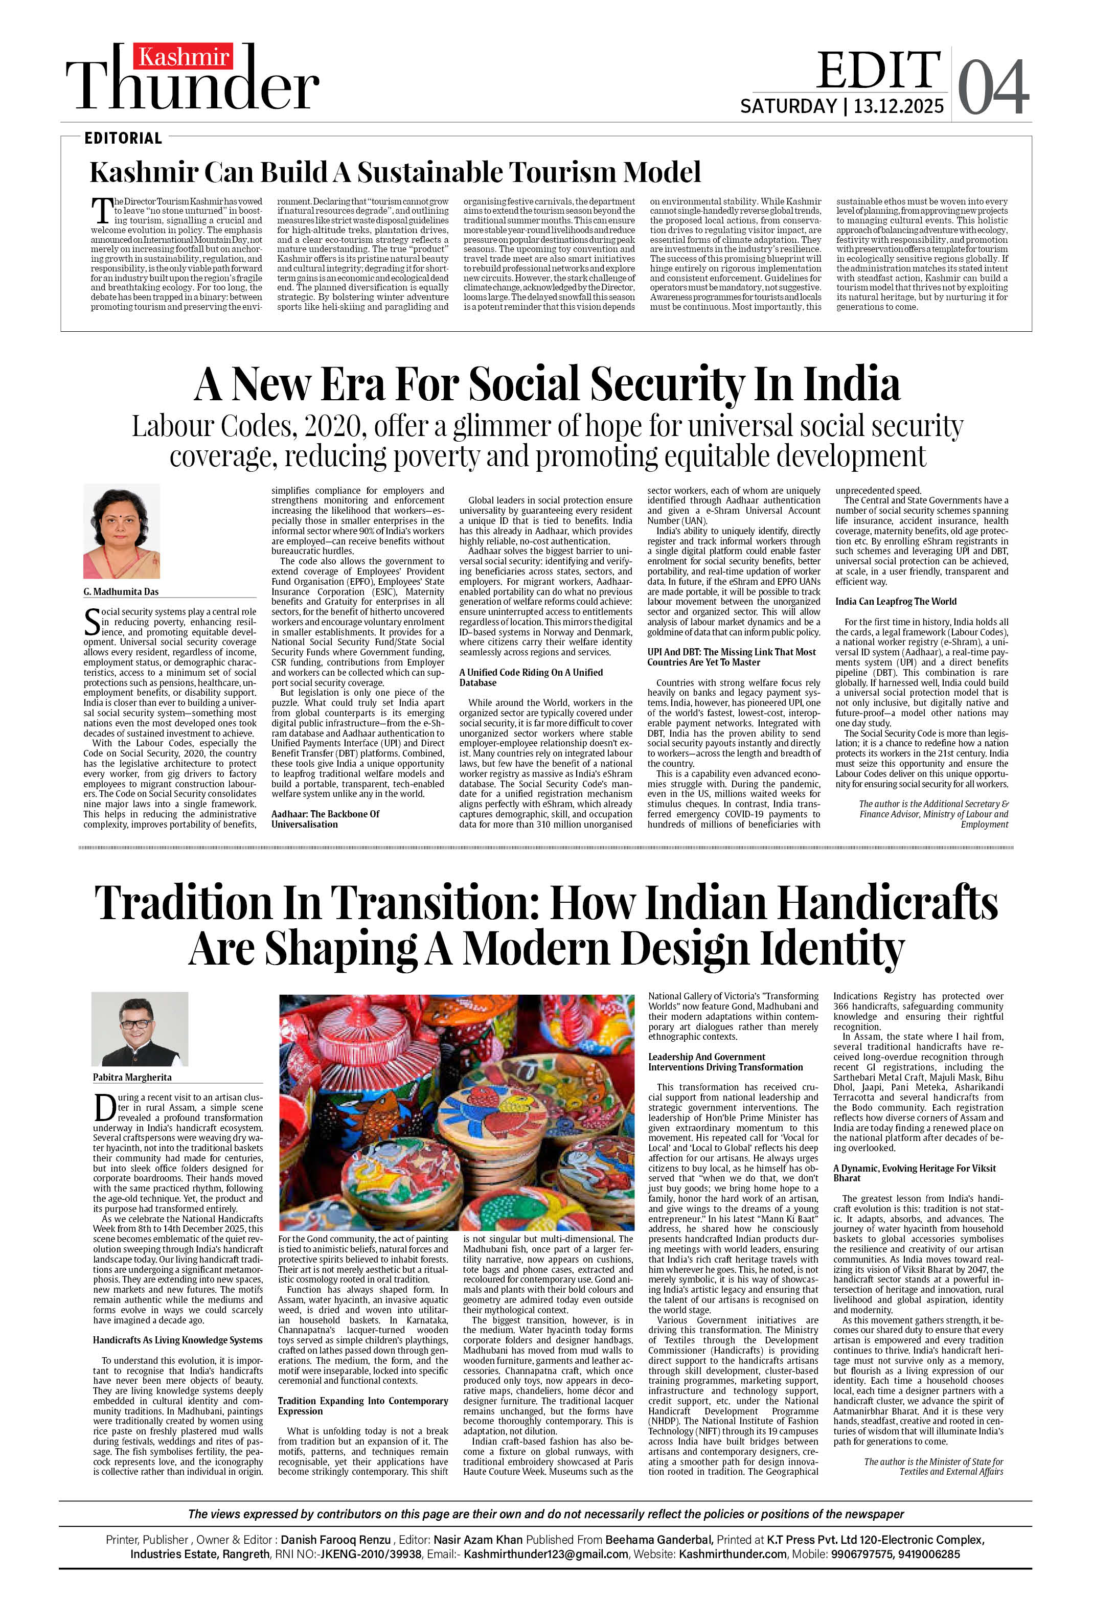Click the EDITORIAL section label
click(123, 139)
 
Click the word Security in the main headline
click(667, 384)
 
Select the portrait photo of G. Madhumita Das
click(122, 531)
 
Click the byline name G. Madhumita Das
click(121, 591)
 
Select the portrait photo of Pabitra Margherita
click(140, 1029)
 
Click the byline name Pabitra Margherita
click(132, 1077)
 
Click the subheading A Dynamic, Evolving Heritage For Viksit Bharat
click(914, 1173)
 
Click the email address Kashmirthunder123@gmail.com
click(545, 1554)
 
